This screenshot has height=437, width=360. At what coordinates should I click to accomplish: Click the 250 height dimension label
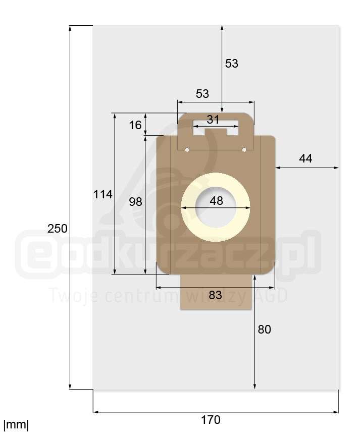(x=57, y=229)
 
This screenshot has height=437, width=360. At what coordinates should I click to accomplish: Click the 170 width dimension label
(x=211, y=419)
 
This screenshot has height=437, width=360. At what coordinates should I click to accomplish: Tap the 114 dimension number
(x=102, y=194)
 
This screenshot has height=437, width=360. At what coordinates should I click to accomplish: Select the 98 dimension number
(x=135, y=201)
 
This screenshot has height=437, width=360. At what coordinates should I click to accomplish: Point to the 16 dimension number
(x=135, y=125)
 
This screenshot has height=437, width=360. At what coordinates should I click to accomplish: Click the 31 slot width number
(x=213, y=120)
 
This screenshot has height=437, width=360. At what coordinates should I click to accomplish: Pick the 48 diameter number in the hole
(x=217, y=201)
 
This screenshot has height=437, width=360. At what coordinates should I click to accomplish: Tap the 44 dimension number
(x=305, y=158)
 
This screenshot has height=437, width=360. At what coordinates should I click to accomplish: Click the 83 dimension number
(x=215, y=295)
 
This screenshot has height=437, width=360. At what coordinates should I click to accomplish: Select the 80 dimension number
(x=265, y=330)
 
